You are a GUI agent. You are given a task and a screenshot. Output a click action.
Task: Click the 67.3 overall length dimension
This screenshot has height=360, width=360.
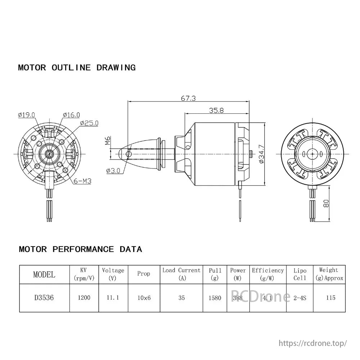point(188,98)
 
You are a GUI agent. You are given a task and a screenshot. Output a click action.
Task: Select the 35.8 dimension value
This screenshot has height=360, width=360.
point(216,111)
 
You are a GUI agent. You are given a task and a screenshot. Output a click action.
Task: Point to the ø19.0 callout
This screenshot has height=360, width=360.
point(26,115)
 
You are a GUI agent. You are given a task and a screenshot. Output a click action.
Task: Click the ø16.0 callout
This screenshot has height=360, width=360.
point(71,115)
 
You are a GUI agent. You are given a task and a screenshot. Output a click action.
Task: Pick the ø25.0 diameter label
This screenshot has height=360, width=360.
point(89,123)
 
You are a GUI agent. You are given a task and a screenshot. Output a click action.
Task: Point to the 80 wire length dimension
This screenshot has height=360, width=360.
point(326,203)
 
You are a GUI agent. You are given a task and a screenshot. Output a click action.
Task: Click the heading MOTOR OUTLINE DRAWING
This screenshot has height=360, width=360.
point(77,68)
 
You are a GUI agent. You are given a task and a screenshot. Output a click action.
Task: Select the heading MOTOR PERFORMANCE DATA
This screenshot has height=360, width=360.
point(80,249)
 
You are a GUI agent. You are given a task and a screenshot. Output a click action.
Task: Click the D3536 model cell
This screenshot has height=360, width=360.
point(44,298)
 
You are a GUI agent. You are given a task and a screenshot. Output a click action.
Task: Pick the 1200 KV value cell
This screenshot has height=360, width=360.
point(84,298)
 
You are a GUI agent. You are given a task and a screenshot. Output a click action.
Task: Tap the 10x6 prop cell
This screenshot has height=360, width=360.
point(144,298)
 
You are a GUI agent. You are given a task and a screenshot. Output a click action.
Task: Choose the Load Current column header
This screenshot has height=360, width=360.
point(181,274)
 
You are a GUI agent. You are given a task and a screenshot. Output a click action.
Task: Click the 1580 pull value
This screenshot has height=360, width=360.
point(215,298)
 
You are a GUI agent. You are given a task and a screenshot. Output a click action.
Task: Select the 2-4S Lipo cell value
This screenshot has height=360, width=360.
point(300,298)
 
